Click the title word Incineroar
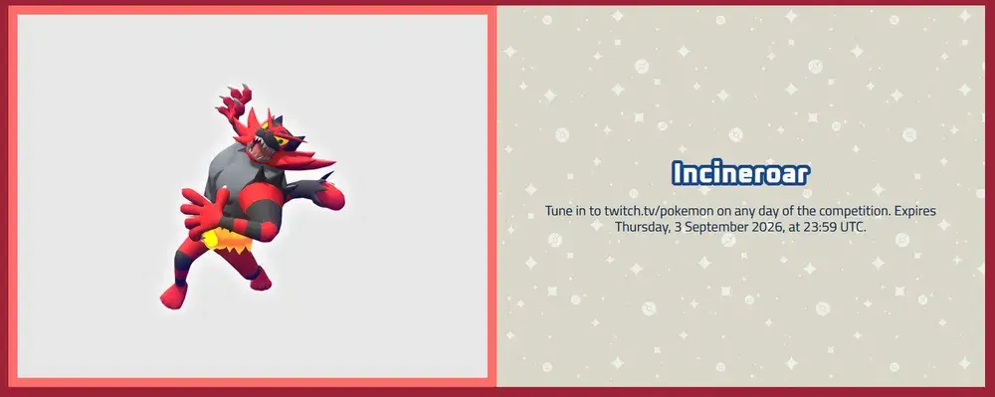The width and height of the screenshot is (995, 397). coord(740,172)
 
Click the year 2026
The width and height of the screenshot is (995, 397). coord(752,227)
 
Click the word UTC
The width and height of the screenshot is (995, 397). coord(851,227)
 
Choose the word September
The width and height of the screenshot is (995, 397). coord(707,227)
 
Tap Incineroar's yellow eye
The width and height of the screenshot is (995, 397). coord(284,132)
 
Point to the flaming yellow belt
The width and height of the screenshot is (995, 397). coord(228,241)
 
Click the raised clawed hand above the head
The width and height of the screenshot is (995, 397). coord(234,102)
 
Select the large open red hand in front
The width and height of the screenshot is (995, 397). coord(202,210)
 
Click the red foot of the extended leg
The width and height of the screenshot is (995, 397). coord(173,295)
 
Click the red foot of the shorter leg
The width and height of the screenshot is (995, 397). coord(261,279)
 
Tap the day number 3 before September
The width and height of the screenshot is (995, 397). coord(674,227)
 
